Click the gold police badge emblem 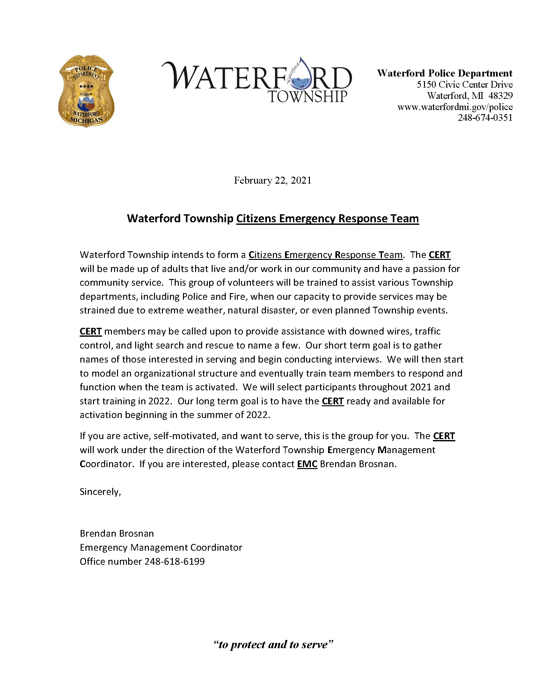(86, 92)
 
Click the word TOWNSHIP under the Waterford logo (307, 97)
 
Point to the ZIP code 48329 (501, 96)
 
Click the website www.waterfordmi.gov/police (455, 107)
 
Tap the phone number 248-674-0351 (485, 118)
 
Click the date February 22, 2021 (272, 180)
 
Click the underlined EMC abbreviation (307, 464)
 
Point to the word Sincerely (100, 492)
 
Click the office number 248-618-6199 (174, 562)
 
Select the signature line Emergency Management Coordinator (161, 547)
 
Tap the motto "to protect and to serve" (273, 644)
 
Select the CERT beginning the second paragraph (91, 331)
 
